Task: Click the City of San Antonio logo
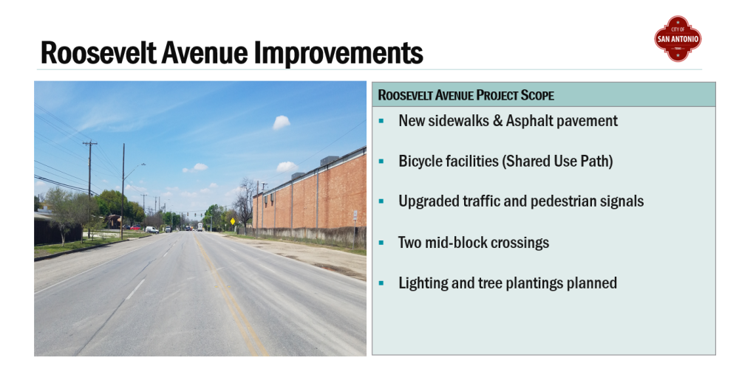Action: (678, 38)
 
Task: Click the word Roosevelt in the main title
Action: (98, 52)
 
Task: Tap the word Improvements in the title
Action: (338, 52)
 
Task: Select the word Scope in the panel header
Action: (537, 95)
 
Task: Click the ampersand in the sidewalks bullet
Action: (497, 122)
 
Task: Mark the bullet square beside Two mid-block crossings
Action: (381, 243)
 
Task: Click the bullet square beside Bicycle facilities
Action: (381, 162)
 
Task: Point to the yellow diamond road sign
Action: (232, 221)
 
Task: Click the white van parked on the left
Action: (151, 229)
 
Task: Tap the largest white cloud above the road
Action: (282, 122)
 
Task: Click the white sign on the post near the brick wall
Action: (355, 216)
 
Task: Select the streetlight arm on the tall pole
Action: (134, 168)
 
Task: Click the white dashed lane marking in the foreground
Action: (135, 289)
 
